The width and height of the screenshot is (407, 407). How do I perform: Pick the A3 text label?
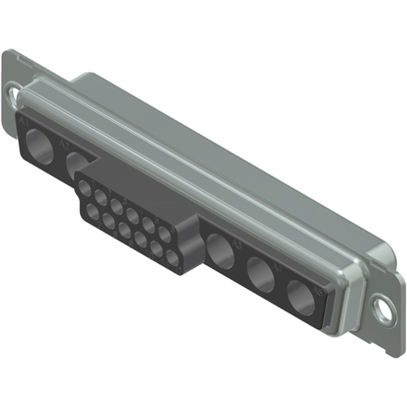coord(239,243)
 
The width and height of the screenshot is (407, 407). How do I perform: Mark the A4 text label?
coord(279,265)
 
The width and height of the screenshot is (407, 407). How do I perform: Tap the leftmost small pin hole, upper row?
coord(85,186)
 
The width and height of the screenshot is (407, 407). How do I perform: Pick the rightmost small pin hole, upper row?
coord(164,234)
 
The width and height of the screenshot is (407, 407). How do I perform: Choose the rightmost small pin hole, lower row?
coord(172,258)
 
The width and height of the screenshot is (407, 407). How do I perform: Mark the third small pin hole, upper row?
coord(116,205)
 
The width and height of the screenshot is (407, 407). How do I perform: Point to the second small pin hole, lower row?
coord(108,220)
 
